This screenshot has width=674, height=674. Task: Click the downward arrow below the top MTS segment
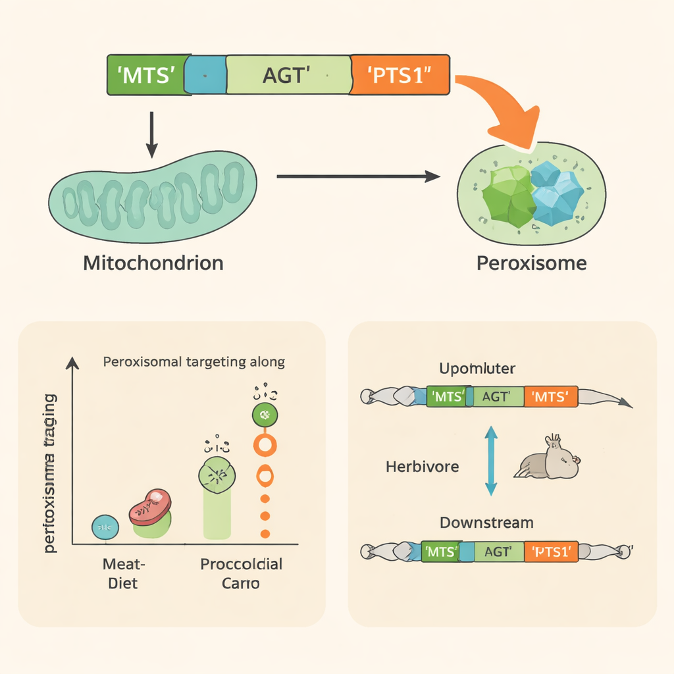[x=152, y=134]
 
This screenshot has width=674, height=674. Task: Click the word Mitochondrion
[x=153, y=263]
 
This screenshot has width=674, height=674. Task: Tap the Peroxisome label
[x=531, y=263]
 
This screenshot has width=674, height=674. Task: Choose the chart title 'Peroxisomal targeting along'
[x=194, y=362]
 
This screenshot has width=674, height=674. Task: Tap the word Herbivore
[x=422, y=467]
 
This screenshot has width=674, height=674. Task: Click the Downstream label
[x=486, y=523]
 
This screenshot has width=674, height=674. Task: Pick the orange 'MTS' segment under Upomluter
[x=550, y=396]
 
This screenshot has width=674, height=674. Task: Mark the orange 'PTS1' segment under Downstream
[x=551, y=552]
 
